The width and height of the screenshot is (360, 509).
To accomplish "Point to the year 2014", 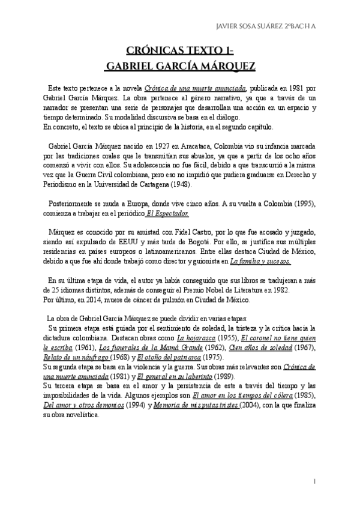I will [90, 300].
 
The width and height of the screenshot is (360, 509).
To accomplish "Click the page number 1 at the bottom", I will [314, 482].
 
